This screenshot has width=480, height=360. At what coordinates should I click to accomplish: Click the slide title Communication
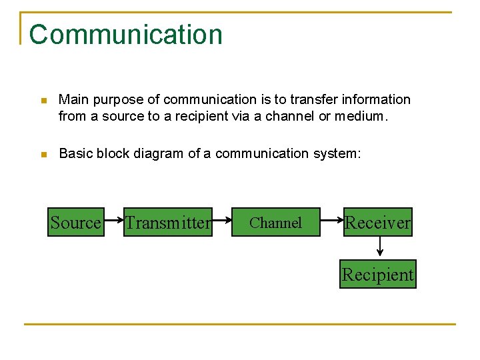[125, 35]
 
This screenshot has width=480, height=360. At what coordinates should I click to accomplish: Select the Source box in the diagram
[76, 222]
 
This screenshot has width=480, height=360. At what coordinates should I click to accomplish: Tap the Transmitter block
[168, 222]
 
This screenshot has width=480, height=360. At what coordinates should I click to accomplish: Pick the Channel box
[275, 222]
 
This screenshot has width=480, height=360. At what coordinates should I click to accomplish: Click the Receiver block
[377, 222]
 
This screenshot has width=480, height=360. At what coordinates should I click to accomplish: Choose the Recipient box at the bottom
[377, 274]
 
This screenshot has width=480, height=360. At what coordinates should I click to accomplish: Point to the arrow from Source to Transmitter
[114, 222]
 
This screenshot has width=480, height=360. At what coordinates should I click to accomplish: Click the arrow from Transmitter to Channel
[221, 222]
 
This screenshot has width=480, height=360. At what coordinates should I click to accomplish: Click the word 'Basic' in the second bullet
[76, 153]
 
